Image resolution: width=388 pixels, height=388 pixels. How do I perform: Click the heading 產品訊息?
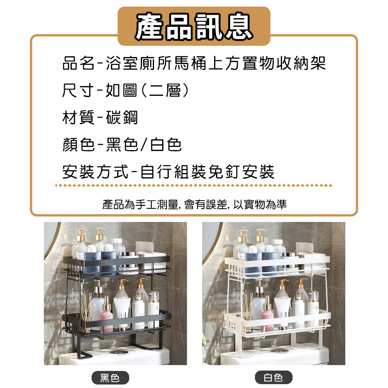click(194, 26)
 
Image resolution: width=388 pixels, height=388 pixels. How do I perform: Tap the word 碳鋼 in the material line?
click(122, 117)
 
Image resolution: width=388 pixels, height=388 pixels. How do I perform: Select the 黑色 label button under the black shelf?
click(110, 378)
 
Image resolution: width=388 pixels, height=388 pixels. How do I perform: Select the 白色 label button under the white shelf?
click(274, 378)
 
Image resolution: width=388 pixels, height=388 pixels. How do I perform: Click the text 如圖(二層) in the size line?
click(148, 90)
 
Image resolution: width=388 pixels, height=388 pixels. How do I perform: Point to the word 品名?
click(78, 63)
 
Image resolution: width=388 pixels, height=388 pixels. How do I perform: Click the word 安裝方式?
click(95, 172)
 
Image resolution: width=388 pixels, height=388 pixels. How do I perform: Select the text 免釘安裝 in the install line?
click(241, 172)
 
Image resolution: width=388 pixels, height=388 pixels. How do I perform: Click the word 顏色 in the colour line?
click(78, 144)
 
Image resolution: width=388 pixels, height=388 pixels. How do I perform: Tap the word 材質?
click(78, 117)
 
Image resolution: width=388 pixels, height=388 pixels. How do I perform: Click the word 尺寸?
click(78, 90)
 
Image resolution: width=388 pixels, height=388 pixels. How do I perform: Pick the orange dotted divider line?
click(194, 185)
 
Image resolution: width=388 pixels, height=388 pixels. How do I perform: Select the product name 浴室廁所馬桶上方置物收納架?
click(216, 63)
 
